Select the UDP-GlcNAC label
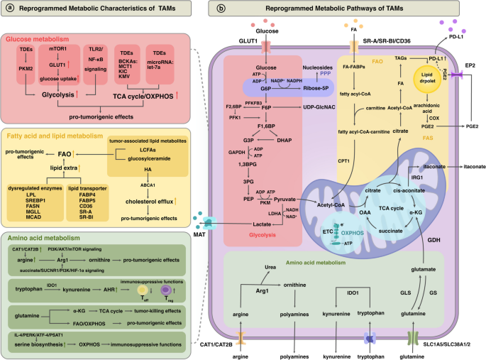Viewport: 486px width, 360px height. coord(319,105)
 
